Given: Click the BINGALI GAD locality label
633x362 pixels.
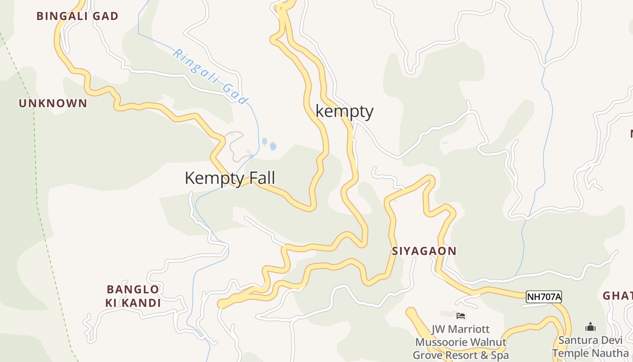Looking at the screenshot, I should point(77,16).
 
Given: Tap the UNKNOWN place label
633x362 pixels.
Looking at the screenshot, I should point(53,103).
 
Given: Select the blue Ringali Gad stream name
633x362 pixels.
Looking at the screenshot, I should point(211,76).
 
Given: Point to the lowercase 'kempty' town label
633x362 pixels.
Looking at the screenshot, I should point(345,111).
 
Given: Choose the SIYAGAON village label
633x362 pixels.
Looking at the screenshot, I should point(424,251).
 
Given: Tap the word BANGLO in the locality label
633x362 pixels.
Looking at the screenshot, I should point(133,290).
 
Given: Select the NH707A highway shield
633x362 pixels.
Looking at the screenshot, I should point(544,297).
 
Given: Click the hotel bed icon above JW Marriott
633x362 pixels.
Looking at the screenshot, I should point(461,316).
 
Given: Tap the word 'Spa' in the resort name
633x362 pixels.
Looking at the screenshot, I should point(498,355).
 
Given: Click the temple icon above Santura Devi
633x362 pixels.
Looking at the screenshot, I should point(590,327).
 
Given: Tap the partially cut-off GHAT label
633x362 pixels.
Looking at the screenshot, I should point(618,296).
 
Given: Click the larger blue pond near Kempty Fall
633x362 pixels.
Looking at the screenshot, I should point(273,146).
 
